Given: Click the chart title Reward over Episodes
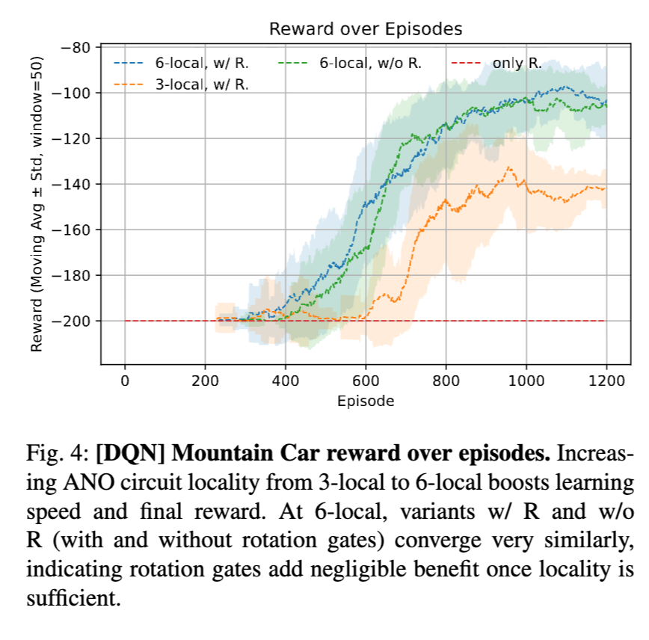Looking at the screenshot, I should coord(366,30).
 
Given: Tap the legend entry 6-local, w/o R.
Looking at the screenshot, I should coord(370,64).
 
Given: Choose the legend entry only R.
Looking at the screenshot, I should coord(517,64).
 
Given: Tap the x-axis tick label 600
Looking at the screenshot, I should coord(366,380).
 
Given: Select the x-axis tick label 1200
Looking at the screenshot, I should coord(606,380).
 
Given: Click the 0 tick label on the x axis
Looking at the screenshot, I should coord(125,380).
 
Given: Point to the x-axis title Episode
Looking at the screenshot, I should coord(366,401).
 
